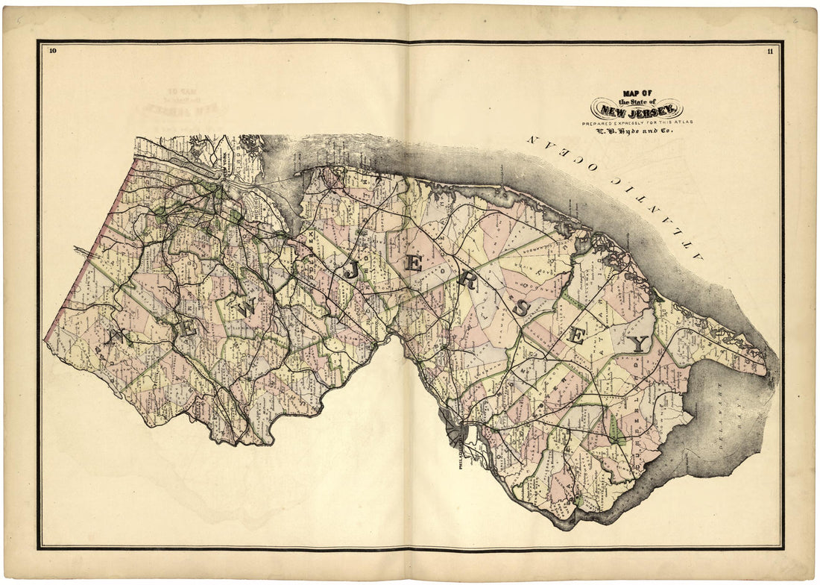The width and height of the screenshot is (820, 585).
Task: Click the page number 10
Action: coord(52,51)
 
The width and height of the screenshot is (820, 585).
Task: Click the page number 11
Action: coord(769,51)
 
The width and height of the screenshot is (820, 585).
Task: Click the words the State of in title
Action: coord(637,101)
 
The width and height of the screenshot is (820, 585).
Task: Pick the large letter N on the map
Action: coord(116,337)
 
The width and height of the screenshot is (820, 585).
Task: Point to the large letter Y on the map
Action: coord(638,344)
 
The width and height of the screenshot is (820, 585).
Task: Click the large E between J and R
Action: coord(412,263)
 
